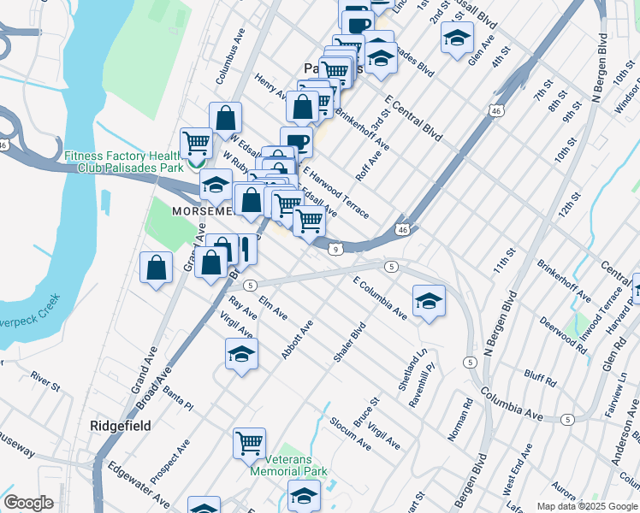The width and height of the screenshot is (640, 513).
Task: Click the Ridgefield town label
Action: (x=121, y=425)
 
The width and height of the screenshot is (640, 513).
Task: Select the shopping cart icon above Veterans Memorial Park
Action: (x=249, y=443)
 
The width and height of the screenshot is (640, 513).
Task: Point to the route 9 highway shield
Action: (x=337, y=249)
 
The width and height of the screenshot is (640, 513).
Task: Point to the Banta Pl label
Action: (x=178, y=397)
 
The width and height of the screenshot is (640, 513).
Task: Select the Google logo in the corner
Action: (x=29, y=503)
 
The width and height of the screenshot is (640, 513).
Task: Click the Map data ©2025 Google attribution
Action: (x=586, y=506)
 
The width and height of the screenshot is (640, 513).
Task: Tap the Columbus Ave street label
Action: (x=230, y=65)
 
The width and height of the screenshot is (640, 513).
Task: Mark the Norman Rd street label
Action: (x=460, y=420)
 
